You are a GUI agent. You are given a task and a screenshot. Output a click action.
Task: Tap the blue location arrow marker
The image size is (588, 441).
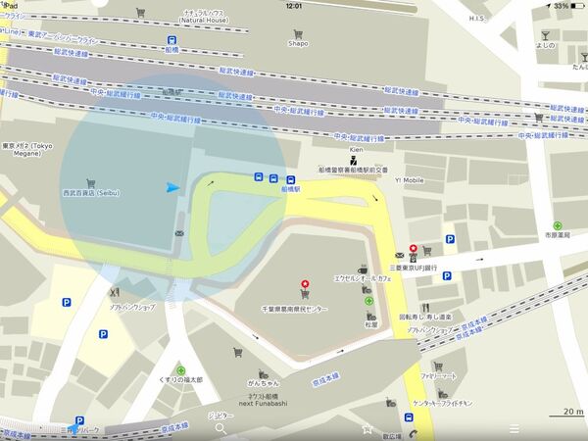pos(173,187)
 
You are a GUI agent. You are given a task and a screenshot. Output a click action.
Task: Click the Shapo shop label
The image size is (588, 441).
pos(298,43)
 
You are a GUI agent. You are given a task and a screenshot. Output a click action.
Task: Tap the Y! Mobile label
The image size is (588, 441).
pos(410,180)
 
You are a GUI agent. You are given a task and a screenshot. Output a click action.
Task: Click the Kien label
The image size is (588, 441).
pos(355,150)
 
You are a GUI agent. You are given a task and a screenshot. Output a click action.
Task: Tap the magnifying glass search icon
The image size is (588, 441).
pos(220,428)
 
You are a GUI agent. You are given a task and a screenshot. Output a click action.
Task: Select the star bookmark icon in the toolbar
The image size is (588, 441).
pos(367,428)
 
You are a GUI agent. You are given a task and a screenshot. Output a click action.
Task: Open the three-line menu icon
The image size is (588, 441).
pos(514,428)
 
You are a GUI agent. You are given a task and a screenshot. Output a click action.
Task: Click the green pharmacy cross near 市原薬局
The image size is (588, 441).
pos(557,225)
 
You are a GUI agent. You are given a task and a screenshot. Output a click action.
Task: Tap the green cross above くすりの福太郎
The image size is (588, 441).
pos(181,370)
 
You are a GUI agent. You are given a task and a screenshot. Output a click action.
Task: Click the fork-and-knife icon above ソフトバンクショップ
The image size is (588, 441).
pos(114,291)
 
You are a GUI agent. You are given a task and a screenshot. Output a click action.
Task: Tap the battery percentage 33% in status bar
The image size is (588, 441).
pos(561,6)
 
